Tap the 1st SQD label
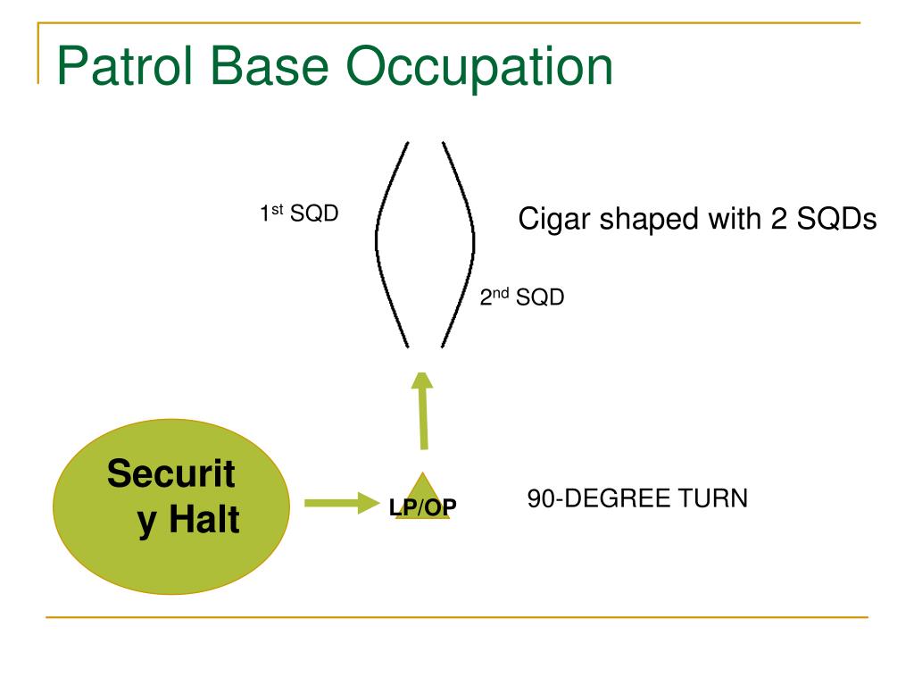coord(298,214)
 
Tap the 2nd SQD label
coord(522,297)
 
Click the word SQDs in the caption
coord(831,220)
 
